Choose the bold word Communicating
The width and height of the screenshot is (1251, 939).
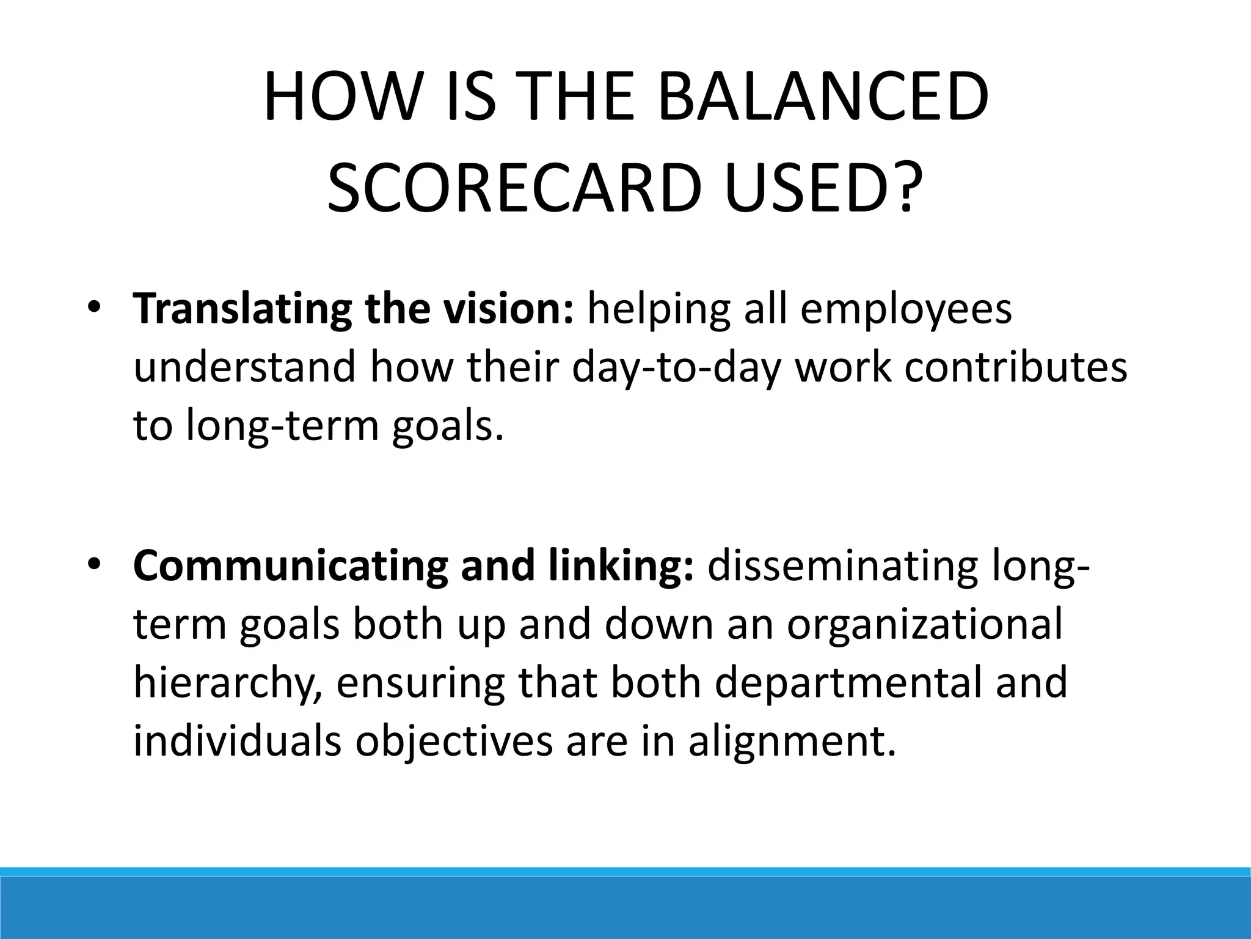pos(290,566)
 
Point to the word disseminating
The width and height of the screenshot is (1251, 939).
pos(842,565)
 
